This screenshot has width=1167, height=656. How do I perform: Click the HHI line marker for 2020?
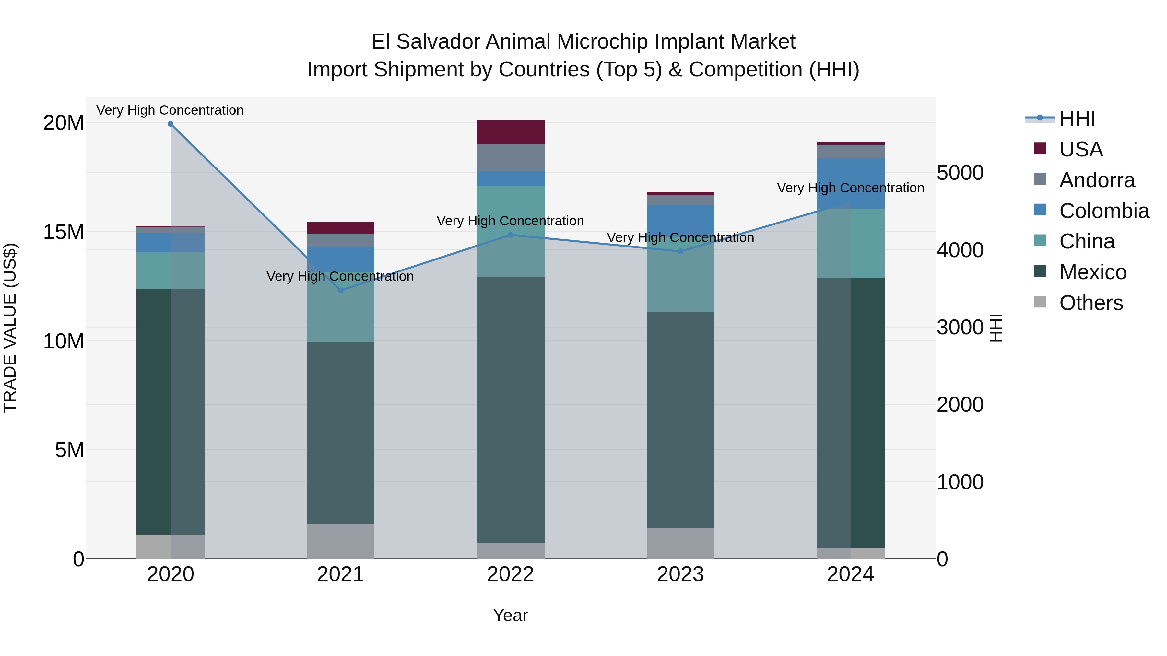170,124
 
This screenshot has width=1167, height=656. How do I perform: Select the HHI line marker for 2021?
341,290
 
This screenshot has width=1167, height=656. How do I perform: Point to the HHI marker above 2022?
511,235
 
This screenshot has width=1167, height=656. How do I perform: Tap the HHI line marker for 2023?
680,251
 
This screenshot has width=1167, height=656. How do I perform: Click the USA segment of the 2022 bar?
511,132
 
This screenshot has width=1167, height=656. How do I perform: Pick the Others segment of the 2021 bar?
341,541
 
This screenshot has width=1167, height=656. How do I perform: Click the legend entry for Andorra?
1097,180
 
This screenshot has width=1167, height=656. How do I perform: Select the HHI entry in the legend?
1077,119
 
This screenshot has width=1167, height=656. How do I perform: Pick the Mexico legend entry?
1092,272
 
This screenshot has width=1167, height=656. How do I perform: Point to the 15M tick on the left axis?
64,232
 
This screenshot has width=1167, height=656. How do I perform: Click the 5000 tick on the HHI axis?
960,173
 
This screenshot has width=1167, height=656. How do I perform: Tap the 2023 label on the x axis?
680,574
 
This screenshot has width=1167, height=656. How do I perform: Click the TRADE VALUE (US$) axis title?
10,328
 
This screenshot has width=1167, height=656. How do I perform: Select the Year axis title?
511,615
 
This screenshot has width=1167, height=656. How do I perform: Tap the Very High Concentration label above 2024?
850,188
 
